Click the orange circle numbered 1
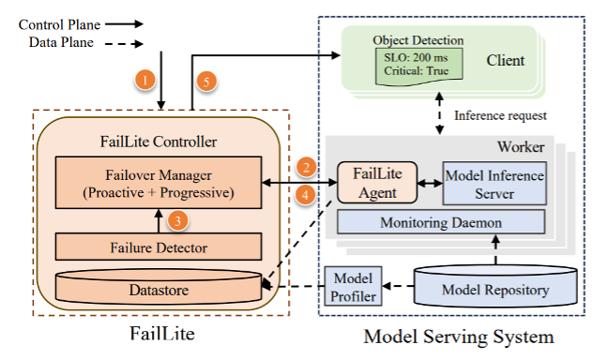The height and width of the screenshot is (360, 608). [145, 81]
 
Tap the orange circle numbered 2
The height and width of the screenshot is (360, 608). [306, 168]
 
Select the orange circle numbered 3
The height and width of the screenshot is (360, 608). [177, 220]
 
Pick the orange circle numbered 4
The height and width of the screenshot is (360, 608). [305, 194]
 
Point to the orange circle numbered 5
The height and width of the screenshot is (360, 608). [206, 82]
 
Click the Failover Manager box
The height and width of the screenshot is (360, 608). [159, 183]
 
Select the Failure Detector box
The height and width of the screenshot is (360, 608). [159, 247]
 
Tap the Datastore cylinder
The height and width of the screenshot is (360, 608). [159, 287]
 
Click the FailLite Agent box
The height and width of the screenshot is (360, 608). [377, 183]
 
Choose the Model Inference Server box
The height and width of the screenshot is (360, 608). [494, 184]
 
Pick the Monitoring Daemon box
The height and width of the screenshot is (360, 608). [441, 222]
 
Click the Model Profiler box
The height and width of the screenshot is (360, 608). [353, 286]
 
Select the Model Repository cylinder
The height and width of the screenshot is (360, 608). [495, 286]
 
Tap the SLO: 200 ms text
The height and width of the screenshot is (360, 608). [416, 58]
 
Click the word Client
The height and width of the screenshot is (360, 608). [505, 60]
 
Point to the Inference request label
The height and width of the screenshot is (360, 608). [500, 115]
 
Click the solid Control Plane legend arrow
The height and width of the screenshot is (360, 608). [124, 24]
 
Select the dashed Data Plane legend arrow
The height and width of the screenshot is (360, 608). [124, 44]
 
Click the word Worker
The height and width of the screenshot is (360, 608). [521, 147]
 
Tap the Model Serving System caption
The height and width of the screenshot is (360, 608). [459, 337]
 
